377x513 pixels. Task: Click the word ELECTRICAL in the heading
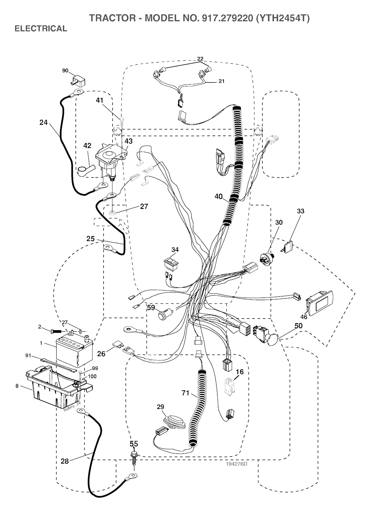(x=40, y=29)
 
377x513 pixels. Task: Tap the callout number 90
(x=65, y=70)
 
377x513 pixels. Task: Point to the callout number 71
(x=185, y=393)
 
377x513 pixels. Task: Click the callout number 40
(x=219, y=197)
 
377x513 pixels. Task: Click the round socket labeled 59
(x=163, y=315)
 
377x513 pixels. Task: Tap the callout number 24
(x=43, y=122)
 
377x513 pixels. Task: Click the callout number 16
(x=240, y=372)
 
